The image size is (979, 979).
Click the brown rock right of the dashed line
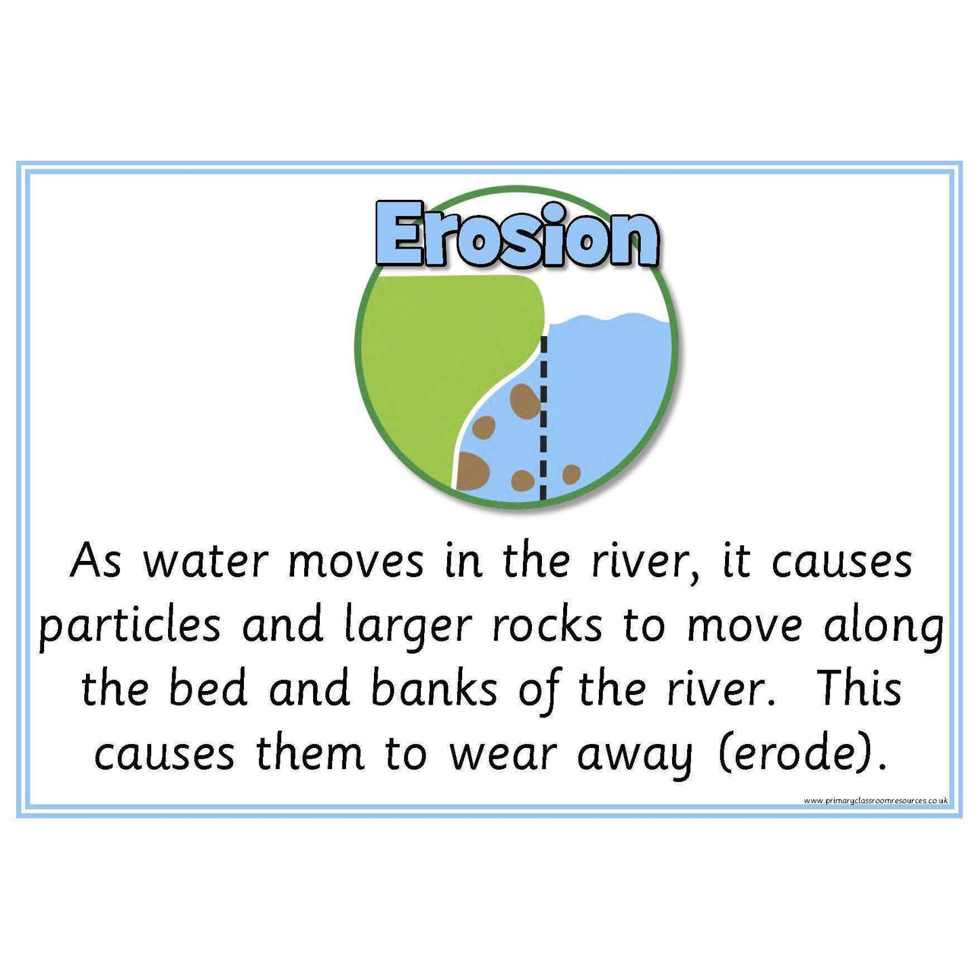click(571, 474)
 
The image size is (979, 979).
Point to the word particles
click(129, 627)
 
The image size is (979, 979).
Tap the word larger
click(407, 627)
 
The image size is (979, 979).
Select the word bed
click(207, 688)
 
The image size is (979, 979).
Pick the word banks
click(434, 688)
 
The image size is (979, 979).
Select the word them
click(310, 752)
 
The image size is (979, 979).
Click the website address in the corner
click(875, 801)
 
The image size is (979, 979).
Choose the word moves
click(356, 562)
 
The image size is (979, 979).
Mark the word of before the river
click(539, 690)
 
